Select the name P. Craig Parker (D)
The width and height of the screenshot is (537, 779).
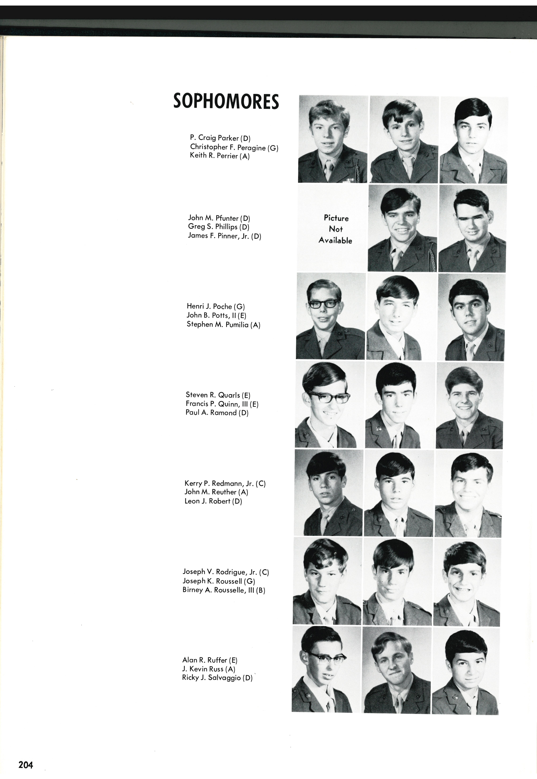(x=220, y=138)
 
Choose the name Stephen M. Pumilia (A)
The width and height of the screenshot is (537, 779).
(x=223, y=325)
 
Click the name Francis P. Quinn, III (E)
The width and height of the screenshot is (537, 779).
(x=222, y=404)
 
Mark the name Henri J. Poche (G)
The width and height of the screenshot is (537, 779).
(x=216, y=306)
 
